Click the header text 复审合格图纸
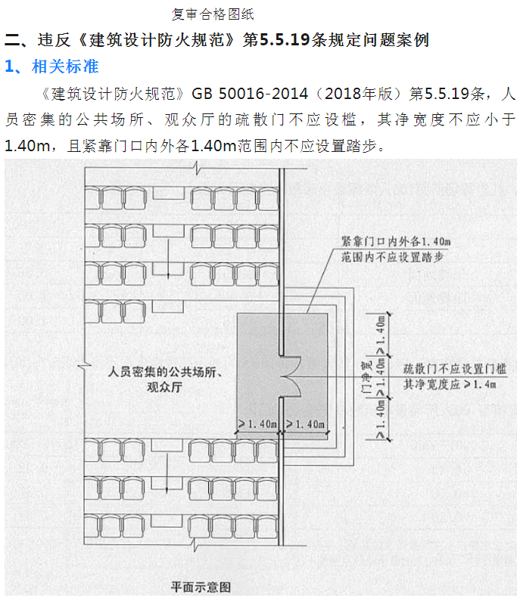tap(213, 14)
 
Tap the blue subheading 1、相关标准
tap(52, 67)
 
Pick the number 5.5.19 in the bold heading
tap(285, 39)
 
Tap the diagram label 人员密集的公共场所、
tap(168, 373)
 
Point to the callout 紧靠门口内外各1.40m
tap(396, 241)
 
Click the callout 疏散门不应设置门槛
tap(450, 369)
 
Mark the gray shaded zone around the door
tap(257, 340)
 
